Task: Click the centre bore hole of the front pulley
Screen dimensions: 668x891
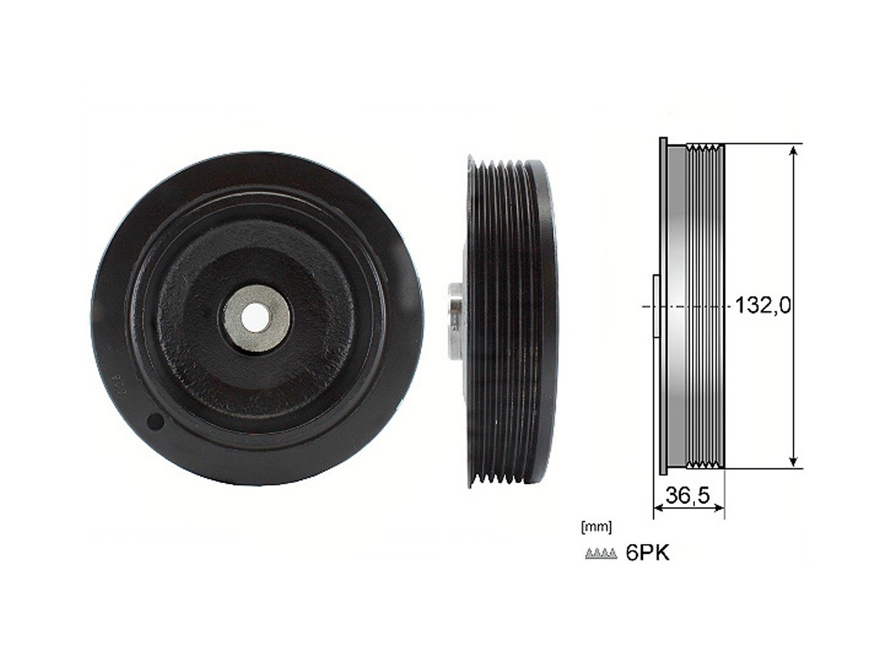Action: pos(256,318)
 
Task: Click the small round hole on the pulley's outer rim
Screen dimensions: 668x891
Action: pos(155,422)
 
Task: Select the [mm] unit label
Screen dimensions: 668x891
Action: pos(597,528)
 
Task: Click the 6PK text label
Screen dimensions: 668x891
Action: pos(647,554)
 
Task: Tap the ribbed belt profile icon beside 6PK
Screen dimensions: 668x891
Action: pos(601,554)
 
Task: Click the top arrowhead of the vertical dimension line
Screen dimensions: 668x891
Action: pos(794,150)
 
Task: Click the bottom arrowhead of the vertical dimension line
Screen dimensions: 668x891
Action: pos(794,461)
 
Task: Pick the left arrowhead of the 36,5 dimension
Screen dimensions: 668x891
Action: pos(657,508)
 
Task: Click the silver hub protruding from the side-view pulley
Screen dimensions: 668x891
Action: pos(455,318)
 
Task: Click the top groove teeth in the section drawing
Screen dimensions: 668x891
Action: pos(704,147)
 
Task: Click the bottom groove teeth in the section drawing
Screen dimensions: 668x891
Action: pos(704,465)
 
